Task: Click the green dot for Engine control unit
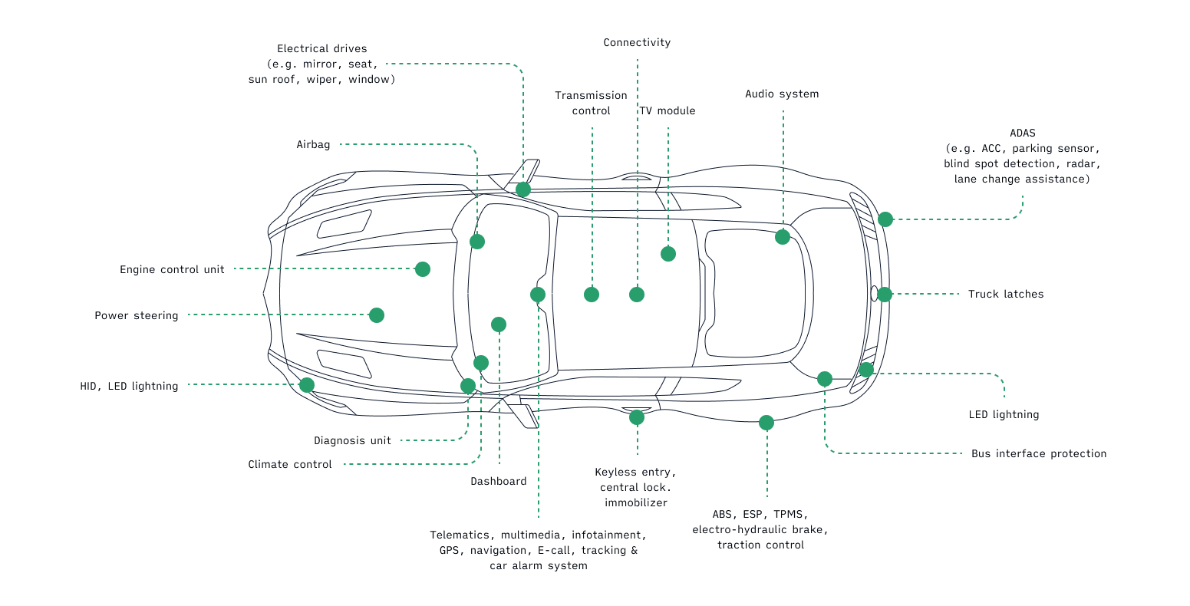422,269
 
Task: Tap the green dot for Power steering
376,315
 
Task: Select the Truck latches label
1005,295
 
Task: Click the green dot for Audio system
782,237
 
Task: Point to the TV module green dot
668,254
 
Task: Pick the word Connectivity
637,43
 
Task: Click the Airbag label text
313,145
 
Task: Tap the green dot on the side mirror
522,189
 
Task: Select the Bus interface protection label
1038,454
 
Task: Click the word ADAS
1022,133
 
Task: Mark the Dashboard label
498,482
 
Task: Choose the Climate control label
289,465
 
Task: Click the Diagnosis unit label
352,441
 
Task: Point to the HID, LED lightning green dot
306,385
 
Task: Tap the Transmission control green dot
591,295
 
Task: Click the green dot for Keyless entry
636,417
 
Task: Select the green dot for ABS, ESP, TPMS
766,423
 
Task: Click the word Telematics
462,535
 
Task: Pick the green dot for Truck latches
884,295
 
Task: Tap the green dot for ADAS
885,219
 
